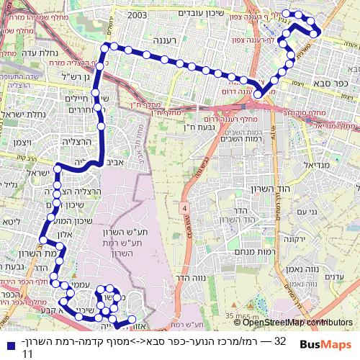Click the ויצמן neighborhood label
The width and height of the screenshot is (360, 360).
pos(14,144)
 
